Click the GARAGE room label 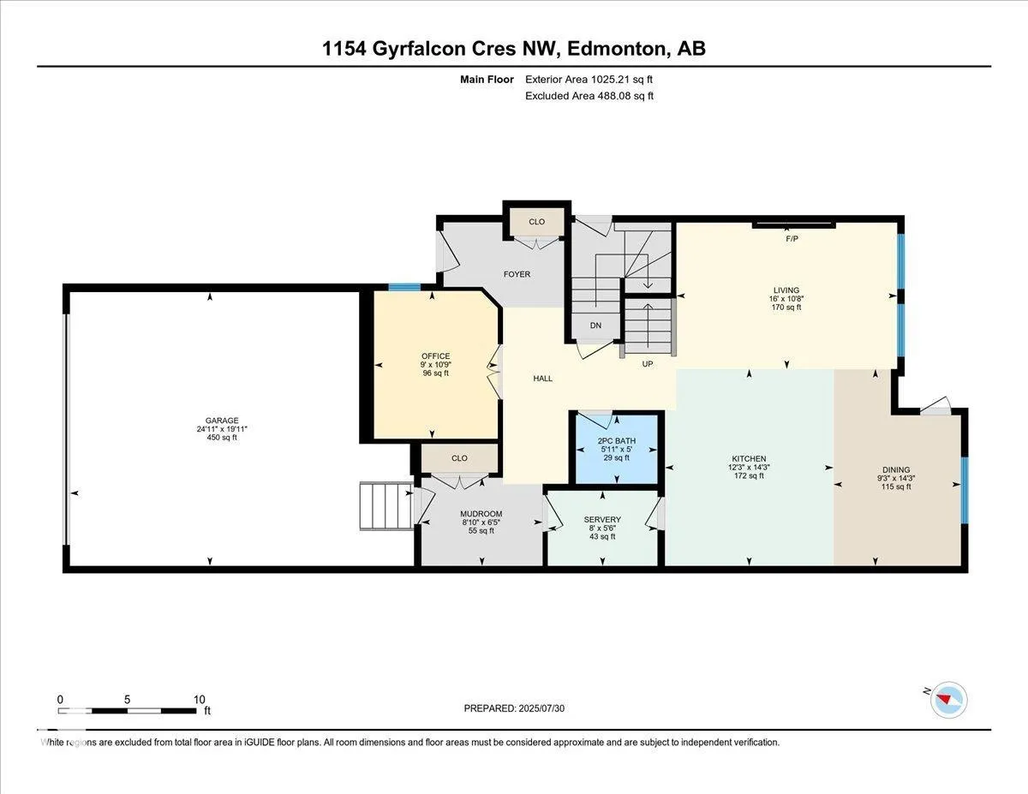click(222, 421)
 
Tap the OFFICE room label click(436, 356)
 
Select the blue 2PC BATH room click(617, 450)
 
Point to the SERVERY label click(602, 520)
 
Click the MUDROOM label click(481, 514)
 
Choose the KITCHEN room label click(749, 459)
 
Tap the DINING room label click(896, 469)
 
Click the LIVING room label click(786, 290)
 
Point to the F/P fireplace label click(792, 239)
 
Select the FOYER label click(517, 274)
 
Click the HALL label click(542, 379)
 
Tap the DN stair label click(595, 325)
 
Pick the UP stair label click(647, 364)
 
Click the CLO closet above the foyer click(536, 222)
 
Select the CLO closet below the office click(459, 458)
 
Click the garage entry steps click(386, 505)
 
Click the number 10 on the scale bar click(199, 700)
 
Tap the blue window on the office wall click(404, 287)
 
